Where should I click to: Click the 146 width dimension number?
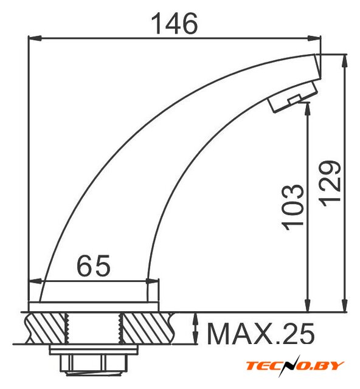[x=175, y=24]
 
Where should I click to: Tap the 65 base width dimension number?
[x=94, y=266]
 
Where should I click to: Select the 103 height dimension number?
[x=293, y=207]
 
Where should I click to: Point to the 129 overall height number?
[x=330, y=184]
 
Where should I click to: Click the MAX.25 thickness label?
[x=261, y=334]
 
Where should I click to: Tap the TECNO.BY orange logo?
[x=295, y=366]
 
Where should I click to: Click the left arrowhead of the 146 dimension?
[x=34, y=38]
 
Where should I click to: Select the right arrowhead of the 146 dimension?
[x=314, y=38]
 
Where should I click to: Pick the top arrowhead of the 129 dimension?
[x=344, y=61]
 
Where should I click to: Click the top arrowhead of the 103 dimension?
[x=308, y=109]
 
